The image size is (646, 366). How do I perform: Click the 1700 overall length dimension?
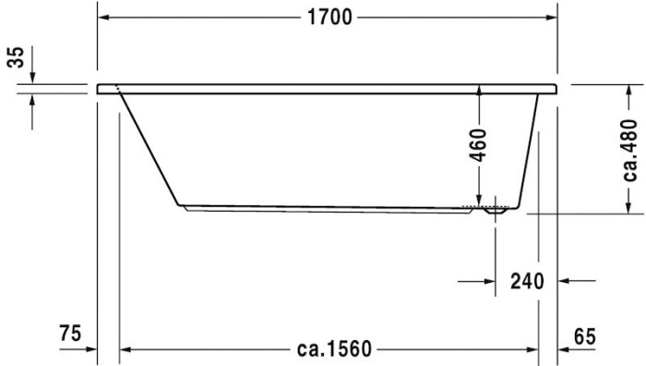pos(329,17)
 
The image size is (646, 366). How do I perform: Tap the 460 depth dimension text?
pos(478,143)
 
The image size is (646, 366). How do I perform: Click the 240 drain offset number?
pos(526,281)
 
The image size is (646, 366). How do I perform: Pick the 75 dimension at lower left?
pos(71,333)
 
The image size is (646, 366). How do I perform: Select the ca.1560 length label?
pos(334,349)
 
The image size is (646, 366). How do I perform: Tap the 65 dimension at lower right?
pos(583,335)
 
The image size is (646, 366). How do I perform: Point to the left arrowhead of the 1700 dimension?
pos(104,17)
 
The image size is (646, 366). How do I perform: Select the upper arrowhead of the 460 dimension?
pos(478,90)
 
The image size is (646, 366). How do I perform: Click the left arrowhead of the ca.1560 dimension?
pos(128,349)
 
